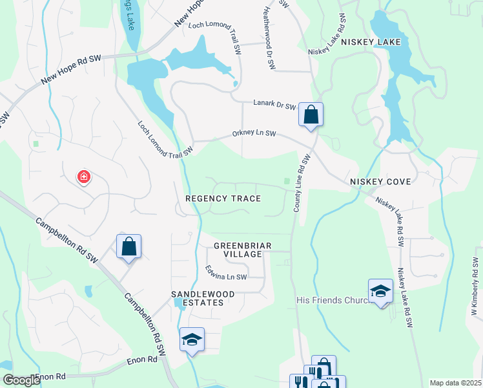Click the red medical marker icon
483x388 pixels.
click(x=83, y=177)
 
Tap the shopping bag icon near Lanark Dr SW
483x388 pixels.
click(x=311, y=115)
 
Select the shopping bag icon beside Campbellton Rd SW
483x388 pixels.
click(x=128, y=246)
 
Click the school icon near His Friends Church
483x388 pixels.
click(x=380, y=290)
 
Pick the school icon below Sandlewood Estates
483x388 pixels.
click(x=192, y=339)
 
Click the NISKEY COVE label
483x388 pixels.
click(x=380, y=182)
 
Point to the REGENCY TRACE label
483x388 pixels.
click(x=223, y=199)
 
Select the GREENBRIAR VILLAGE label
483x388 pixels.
click(x=242, y=250)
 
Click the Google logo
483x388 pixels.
click(x=21, y=380)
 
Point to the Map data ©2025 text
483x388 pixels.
click(x=455, y=383)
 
